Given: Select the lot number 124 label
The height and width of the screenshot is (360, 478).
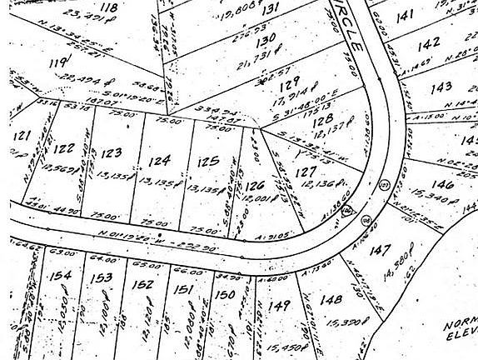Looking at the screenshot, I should pos(160,158).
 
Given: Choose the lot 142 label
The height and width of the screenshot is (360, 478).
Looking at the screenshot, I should pos(429,44).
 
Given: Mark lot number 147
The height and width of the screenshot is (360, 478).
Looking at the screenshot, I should pos(382,249).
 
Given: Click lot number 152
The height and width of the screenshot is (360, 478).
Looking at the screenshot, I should pos(143,284).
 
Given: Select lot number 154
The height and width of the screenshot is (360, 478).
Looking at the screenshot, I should pos(59,275).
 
